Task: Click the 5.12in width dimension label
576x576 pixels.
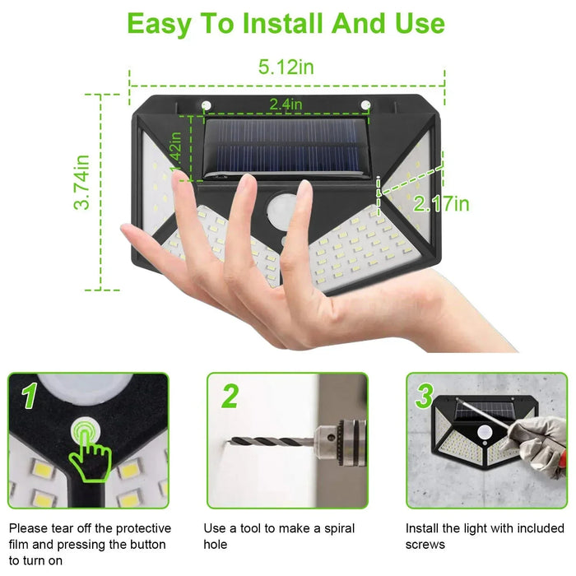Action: [286, 67]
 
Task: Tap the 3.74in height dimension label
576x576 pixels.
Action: [82, 183]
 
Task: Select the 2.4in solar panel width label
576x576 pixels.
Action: [286, 104]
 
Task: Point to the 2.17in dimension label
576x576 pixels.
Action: [441, 203]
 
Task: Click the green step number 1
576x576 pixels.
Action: [30, 396]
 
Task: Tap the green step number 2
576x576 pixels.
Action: [230, 396]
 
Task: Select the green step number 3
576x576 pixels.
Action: [424, 396]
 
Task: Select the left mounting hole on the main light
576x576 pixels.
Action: [207, 104]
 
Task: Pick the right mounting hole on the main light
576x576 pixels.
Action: [365, 104]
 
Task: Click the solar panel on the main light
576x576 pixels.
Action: [285, 146]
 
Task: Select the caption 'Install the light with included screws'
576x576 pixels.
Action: [485, 536]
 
